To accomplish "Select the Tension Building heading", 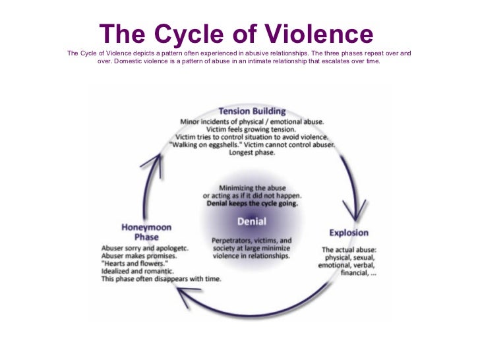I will pos(252,111).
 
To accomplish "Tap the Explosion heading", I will pos(349,233).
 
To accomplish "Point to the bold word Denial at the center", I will pos(251,222).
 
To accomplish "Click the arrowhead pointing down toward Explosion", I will pos(357,212).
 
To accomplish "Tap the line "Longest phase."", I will pos(251,152).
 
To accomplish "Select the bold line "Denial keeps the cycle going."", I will pos(252,204).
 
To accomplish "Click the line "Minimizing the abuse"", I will pos(252,188).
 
